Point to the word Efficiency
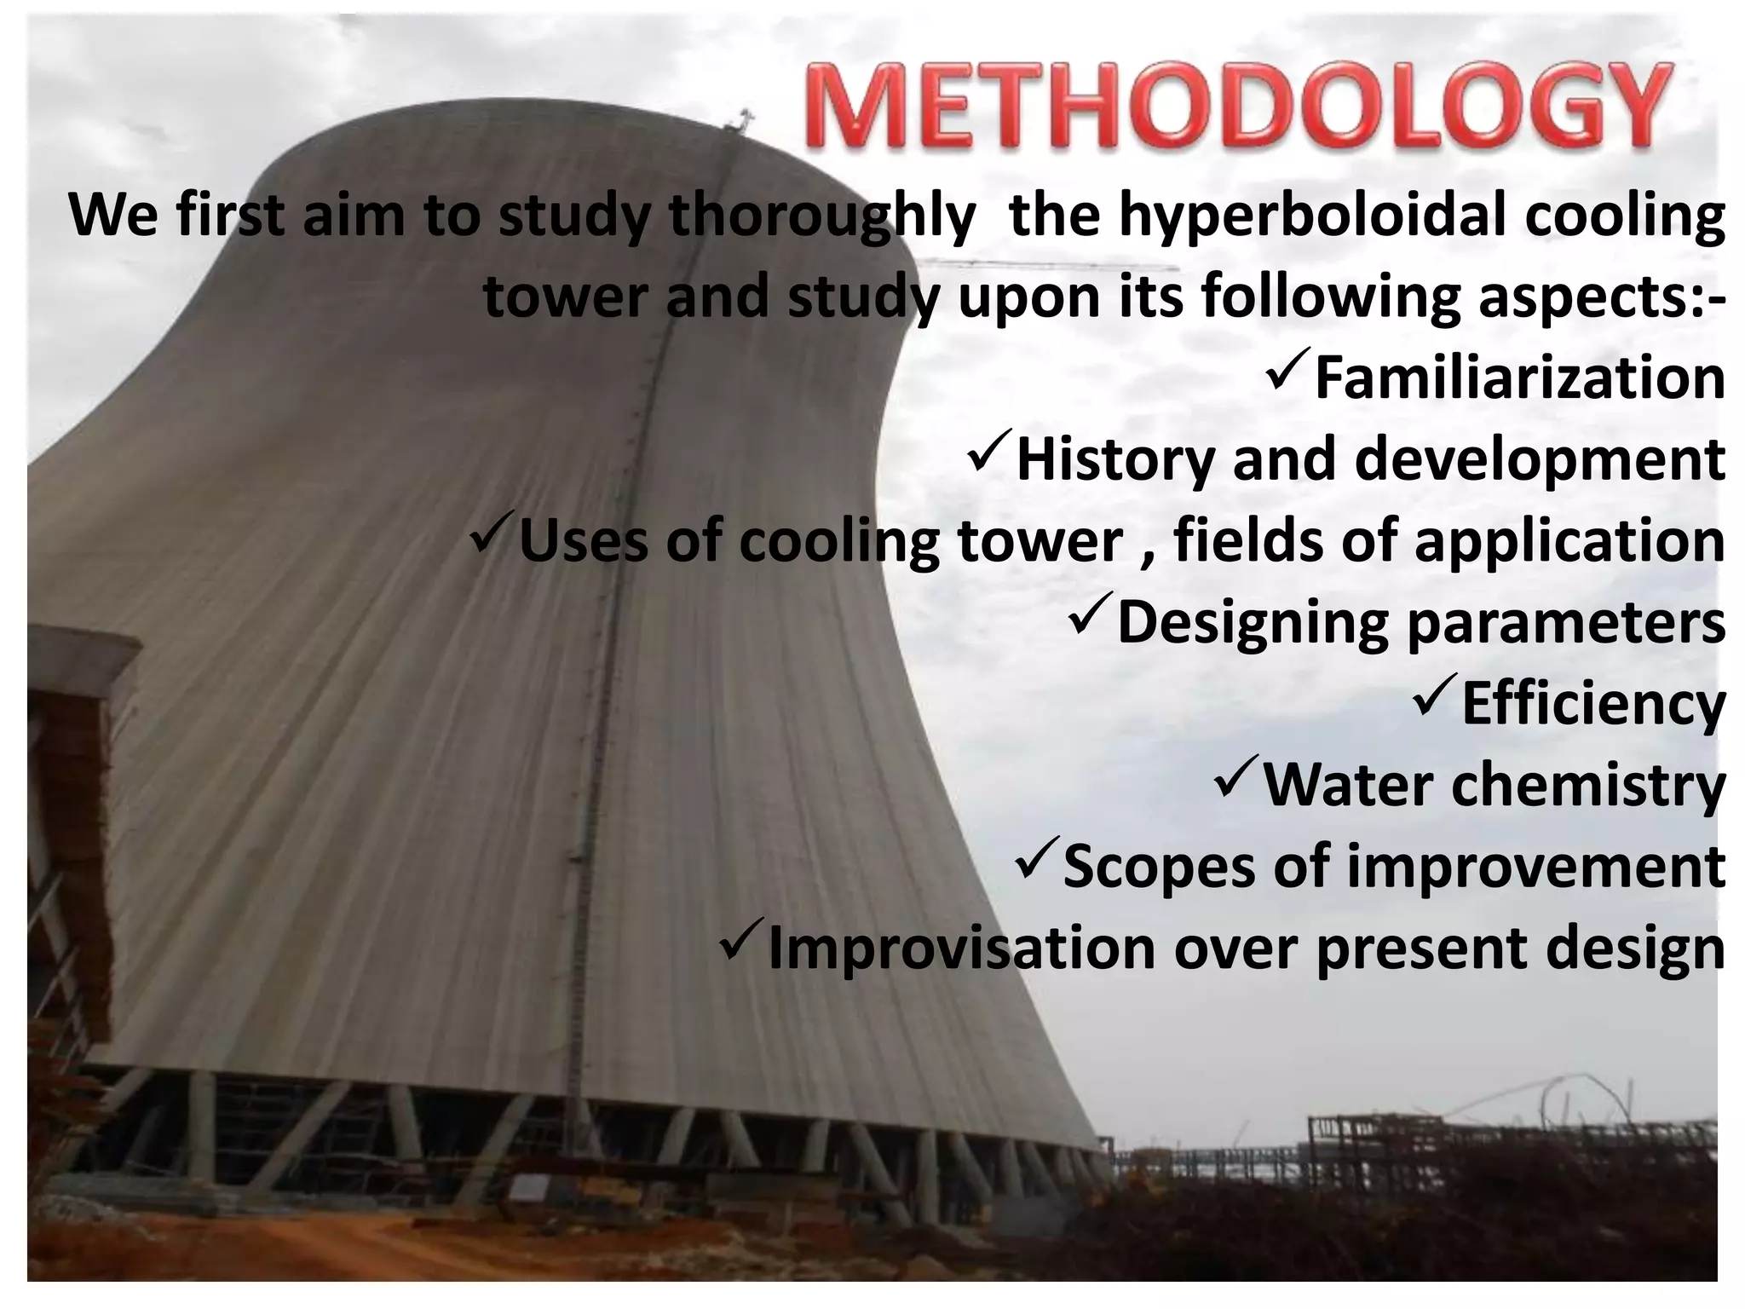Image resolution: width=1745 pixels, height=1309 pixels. (1592, 704)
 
